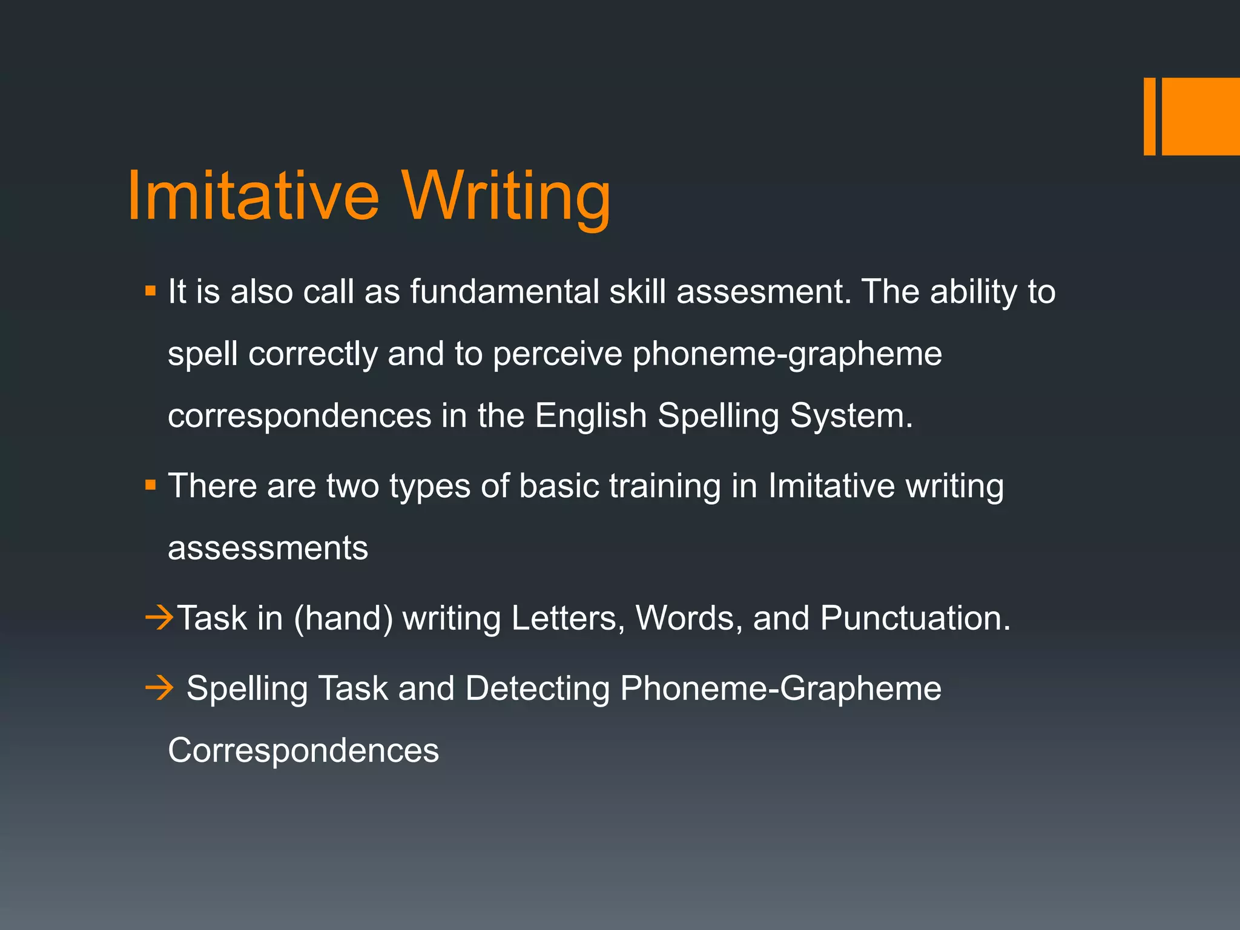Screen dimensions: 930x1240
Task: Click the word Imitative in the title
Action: [x=253, y=196]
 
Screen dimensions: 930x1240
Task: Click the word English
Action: [x=591, y=416]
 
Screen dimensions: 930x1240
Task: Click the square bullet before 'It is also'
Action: [x=151, y=292]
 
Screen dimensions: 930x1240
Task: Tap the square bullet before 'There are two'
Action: [x=151, y=486]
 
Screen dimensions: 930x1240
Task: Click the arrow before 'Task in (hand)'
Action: [x=159, y=618]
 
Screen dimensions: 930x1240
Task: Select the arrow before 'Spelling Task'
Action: [x=159, y=688]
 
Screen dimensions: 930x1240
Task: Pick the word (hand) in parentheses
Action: [x=343, y=619]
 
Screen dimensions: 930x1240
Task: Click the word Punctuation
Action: [x=915, y=618]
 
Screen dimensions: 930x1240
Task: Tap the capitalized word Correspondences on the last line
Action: [x=303, y=751]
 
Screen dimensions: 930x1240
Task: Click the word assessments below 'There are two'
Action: [x=268, y=549]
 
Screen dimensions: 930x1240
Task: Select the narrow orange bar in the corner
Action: [x=1149, y=116]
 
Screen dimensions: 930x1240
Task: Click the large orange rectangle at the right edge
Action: [x=1201, y=116]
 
